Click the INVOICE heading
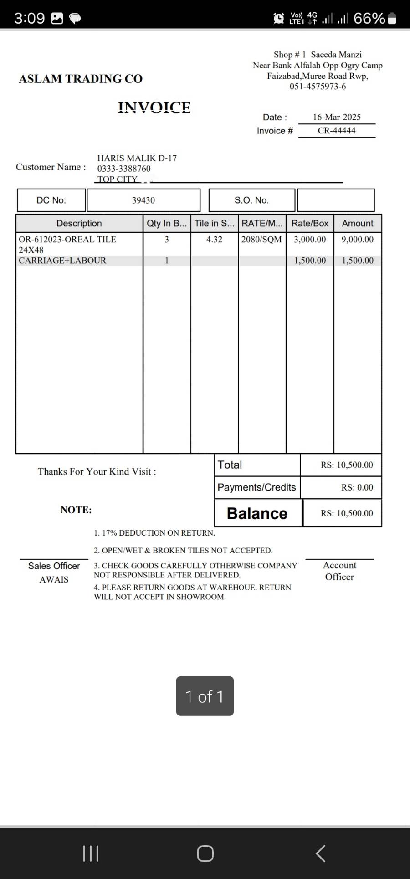pos(154,107)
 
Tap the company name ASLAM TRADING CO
pos(81,79)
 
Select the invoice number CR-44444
pos(337,131)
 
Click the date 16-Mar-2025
pos(337,117)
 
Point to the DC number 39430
pos(143,200)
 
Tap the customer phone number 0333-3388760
pos(124,169)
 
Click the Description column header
pos(79,223)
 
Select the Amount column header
pos(358,223)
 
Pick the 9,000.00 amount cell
pos(358,240)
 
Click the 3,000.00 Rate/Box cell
pos(310,240)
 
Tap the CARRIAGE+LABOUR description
pos(62,261)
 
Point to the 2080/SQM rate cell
pos(261,240)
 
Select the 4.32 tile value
pos(214,240)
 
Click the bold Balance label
pos(257,513)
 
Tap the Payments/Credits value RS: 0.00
pos(357,487)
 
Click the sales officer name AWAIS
pos(54,580)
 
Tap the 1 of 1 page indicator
pos(205,696)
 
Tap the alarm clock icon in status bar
pos(278,18)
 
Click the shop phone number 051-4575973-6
pos(318,87)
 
